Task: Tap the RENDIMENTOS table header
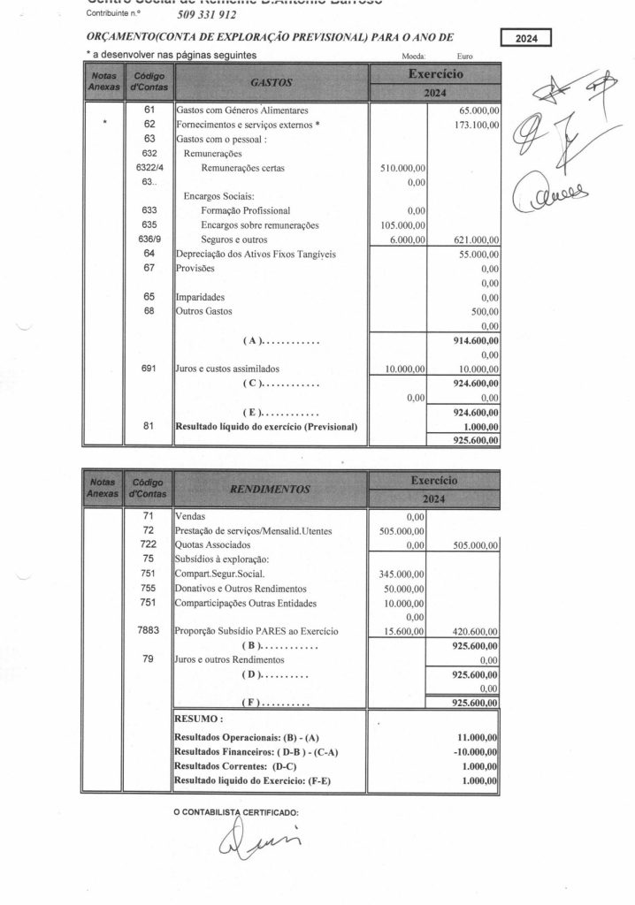coord(272,488)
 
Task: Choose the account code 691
coord(149,369)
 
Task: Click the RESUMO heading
coord(199,719)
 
